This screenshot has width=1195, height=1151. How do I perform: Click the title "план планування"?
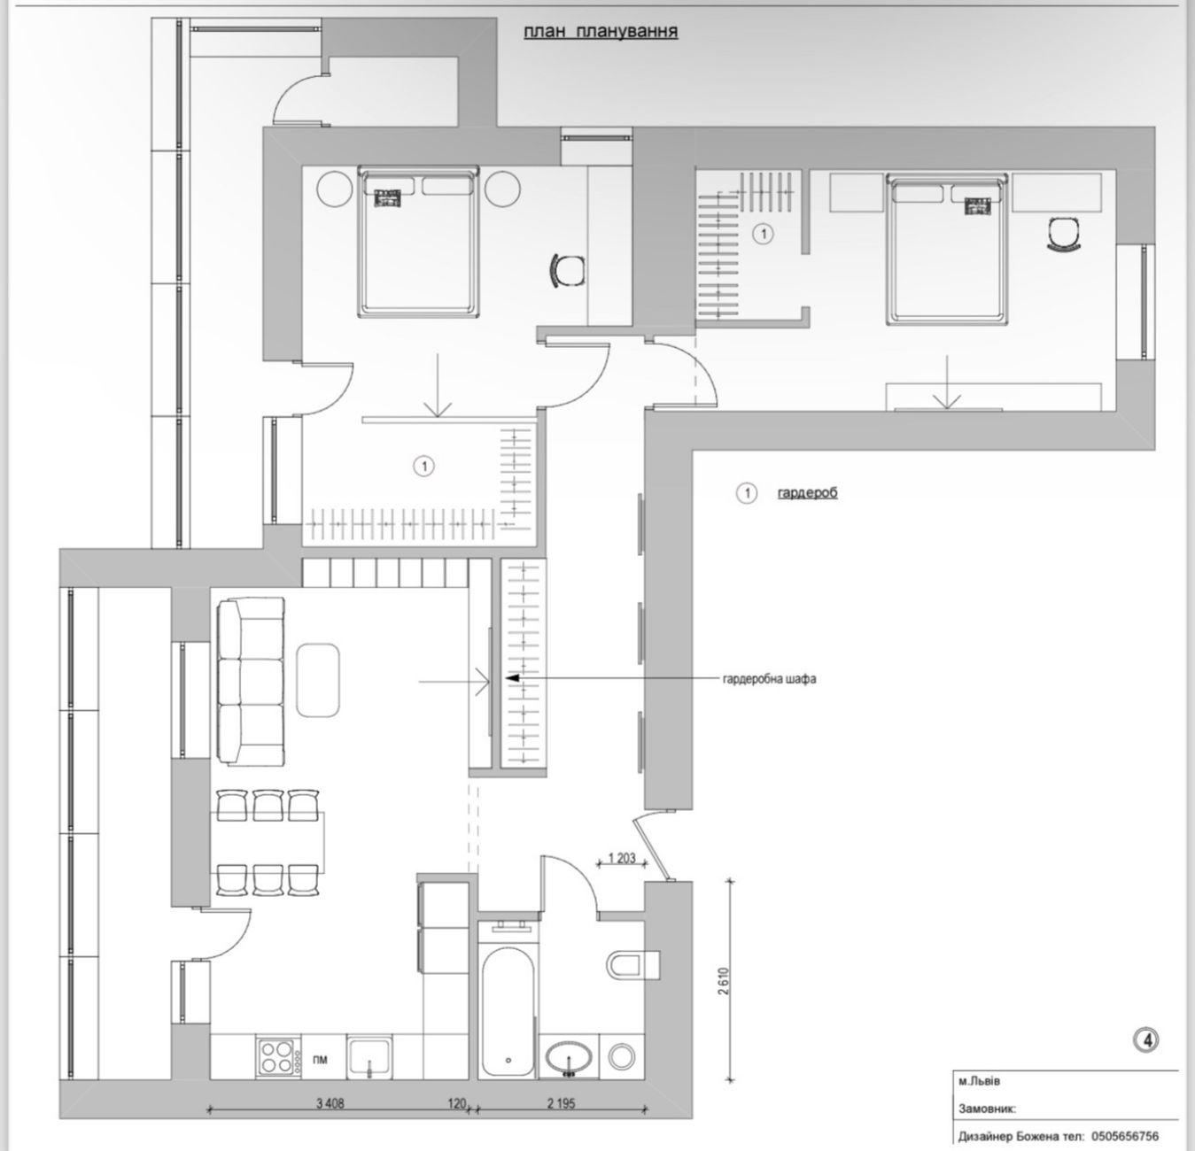pyautogui.click(x=600, y=32)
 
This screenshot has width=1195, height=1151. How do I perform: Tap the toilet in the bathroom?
pyautogui.click(x=633, y=964)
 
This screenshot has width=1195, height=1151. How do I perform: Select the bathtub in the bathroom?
pyautogui.click(x=508, y=1010)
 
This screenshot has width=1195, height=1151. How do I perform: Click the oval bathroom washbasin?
pyautogui.click(x=570, y=1056)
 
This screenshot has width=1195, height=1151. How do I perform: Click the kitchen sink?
pyautogui.click(x=369, y=1056)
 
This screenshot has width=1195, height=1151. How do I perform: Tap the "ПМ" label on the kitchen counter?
pyautogui.click(x=320, y=1059)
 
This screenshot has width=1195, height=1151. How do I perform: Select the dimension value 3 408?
pyautogui.click(x=330, y=1103)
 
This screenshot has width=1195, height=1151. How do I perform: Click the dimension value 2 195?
pyautogui.click(x=562, y=1103)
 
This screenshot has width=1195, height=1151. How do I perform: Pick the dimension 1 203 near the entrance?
pyautogui.click(x=622, y=858)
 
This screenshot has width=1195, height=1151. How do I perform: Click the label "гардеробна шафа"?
pyautogui.click(x=770, y=679)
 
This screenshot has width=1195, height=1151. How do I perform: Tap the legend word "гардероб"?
pyautogui.click(x=808, y=493)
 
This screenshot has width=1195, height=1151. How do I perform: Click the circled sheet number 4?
pyautogui.click(x=1145, y=1040)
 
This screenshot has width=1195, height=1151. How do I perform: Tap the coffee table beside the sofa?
pyautogui.click(x=317, y=680)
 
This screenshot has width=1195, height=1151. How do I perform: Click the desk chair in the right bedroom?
pyautogui.click(x=1064, y=234)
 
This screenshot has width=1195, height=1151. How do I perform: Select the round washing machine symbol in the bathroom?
pyautogui.click(x=622, y=1056)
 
